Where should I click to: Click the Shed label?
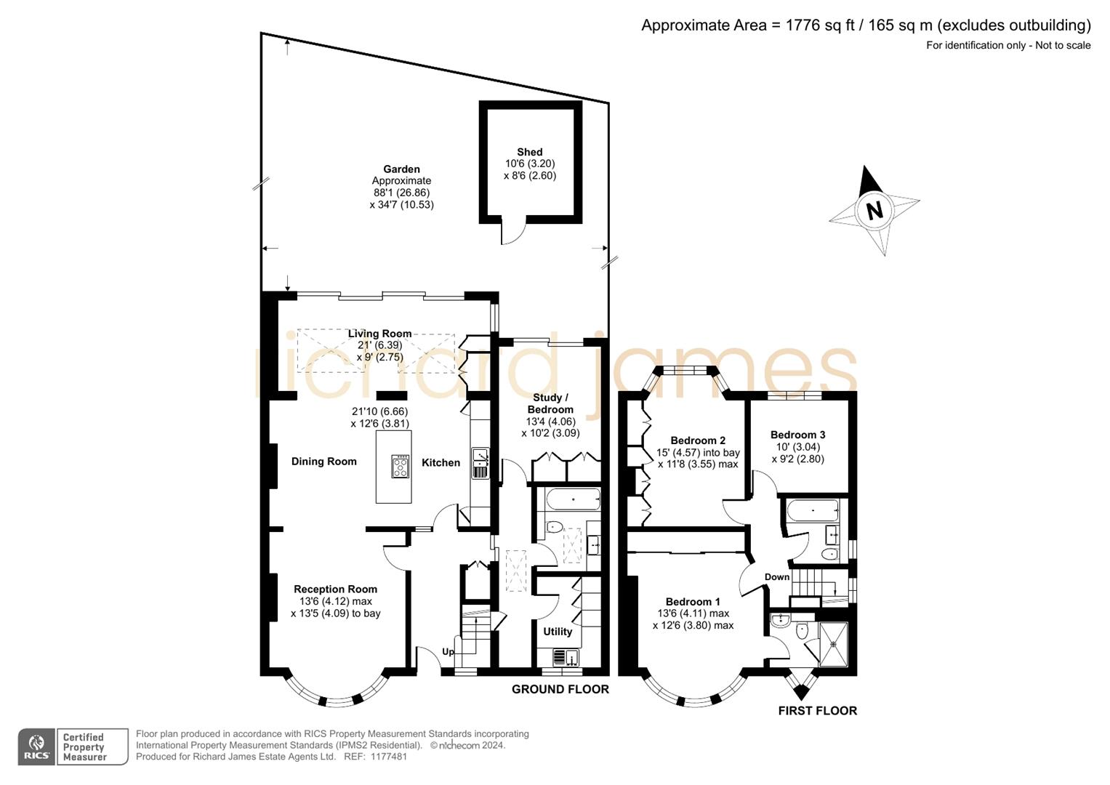(530, 152)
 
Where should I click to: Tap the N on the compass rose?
(874, 210)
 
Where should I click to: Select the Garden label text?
(401, 169)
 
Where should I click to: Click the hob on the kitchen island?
(400, 466)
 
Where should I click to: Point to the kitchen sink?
(480, 464)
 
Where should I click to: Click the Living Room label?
(379, 334)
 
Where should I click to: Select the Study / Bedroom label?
(550, 403)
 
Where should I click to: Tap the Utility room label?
(558, 632)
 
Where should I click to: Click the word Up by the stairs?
(448, 651)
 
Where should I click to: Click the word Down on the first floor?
(776, 577)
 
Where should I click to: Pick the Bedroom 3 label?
(797, 435)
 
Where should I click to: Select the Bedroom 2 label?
(698, 440)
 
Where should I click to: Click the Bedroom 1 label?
(693, 602)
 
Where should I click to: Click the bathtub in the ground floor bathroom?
(574, 500)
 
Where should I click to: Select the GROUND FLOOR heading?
(560, 689)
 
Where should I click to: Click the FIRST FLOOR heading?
(817, 711)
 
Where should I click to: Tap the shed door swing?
(512, 233)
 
